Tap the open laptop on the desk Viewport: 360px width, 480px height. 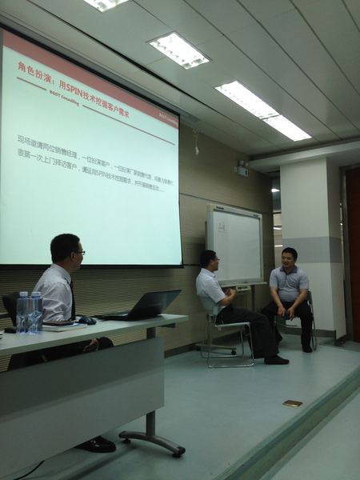pos(148,305)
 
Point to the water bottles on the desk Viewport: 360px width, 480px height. pos(30,313)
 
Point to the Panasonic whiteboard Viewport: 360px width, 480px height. pos(234,243)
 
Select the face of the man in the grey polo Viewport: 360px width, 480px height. pos(290,258)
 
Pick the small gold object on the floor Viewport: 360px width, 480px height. pos(292,403)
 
